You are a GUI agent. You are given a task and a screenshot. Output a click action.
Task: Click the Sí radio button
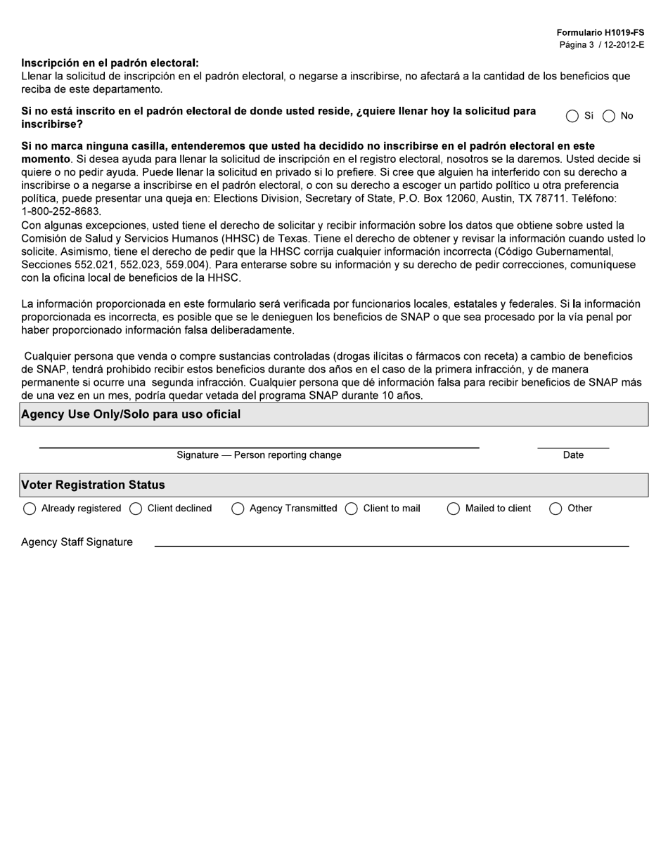572,117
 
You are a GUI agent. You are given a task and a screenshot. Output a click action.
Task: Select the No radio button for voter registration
609,117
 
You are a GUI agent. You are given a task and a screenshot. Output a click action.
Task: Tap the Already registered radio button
30,509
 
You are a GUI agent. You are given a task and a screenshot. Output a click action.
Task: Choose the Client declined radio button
136,509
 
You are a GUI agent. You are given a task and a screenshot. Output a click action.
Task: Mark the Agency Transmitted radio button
238,509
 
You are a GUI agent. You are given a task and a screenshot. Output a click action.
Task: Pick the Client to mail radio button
352,509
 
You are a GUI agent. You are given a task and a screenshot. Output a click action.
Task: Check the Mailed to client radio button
454,509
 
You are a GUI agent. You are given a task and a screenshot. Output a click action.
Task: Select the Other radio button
555,509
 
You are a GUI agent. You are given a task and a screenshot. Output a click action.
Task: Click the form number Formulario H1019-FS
600,33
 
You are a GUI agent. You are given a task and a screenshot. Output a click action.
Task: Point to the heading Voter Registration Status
94,485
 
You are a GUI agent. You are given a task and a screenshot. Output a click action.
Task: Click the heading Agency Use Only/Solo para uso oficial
131,414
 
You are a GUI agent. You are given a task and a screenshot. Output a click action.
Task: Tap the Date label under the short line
573,455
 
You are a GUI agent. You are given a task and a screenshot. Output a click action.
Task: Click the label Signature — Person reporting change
259,455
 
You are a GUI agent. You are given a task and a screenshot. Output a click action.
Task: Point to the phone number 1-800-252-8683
61,211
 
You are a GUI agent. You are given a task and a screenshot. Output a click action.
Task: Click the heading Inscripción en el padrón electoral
110,63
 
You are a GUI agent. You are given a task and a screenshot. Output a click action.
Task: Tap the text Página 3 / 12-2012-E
601,45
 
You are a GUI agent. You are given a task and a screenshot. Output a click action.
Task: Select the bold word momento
46,159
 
